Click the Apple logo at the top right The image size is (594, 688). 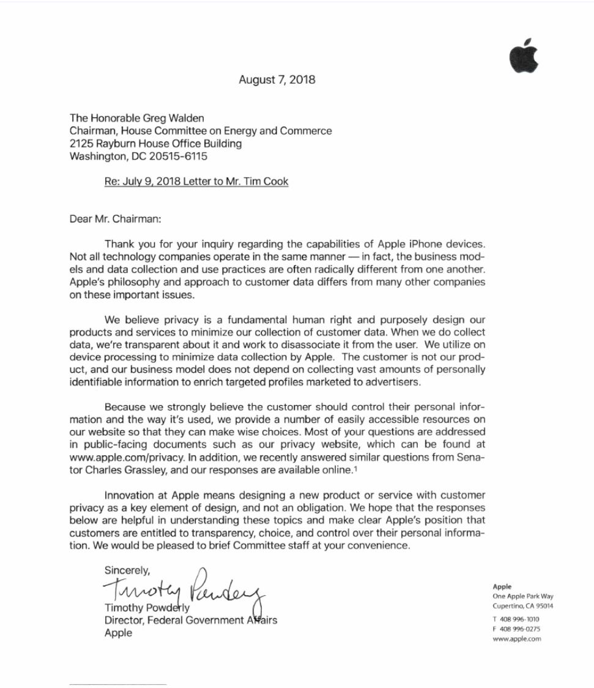coord(524,57)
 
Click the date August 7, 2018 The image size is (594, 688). coord(277,79)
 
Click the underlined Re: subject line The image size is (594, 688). coord(196,181)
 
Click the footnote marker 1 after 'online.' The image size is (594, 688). coord(355,469)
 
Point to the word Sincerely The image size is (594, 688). coord(127,570)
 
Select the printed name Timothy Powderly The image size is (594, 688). coord(147,609)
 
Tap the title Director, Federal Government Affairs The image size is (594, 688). coord(190,620)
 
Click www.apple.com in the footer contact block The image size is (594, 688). coord(516,639)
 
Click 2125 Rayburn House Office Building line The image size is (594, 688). coord(155,144)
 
